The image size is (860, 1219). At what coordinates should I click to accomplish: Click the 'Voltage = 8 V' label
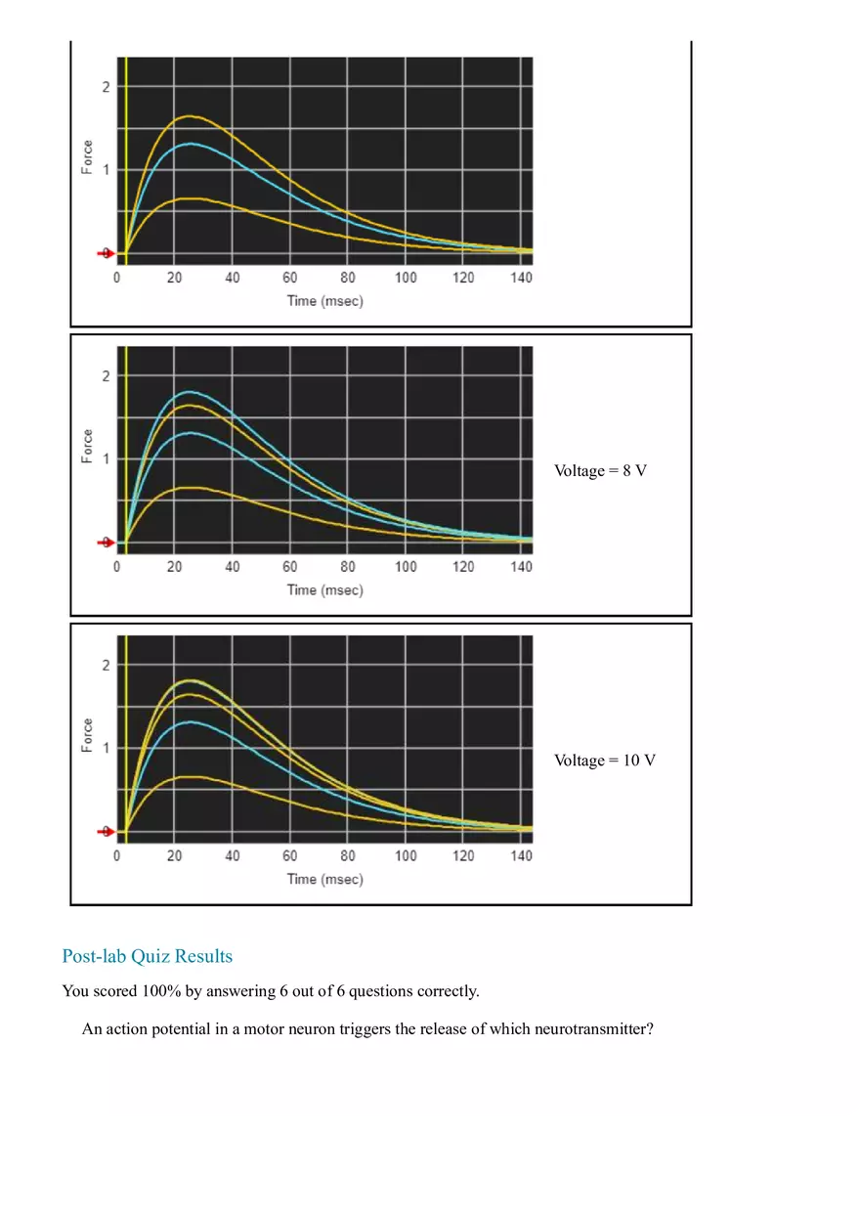point(600,470)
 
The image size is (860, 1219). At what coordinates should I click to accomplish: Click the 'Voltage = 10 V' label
point(604,760)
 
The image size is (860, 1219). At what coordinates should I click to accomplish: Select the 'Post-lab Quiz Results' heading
point(147,955)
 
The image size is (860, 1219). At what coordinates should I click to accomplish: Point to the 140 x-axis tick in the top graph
point(521,278)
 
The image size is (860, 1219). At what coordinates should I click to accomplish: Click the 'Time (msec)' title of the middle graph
point(324,589)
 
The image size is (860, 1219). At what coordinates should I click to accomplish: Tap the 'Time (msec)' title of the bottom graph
point(324,879)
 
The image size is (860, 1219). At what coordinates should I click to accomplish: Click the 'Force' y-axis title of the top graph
point(88,158)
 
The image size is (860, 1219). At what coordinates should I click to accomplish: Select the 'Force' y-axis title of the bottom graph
point(88,736)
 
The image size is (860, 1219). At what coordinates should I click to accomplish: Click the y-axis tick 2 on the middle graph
point(106,376)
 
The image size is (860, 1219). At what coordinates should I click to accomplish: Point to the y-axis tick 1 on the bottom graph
point(106,748)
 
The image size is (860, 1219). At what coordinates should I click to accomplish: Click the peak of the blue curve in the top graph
point(189,144)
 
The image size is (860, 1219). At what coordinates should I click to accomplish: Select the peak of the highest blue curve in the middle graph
point(189,392)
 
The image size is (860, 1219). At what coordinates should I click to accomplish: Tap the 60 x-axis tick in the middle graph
point(289,567)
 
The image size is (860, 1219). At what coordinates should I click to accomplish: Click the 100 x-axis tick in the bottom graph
point(405,856)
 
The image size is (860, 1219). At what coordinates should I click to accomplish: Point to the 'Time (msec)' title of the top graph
point(324,300)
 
